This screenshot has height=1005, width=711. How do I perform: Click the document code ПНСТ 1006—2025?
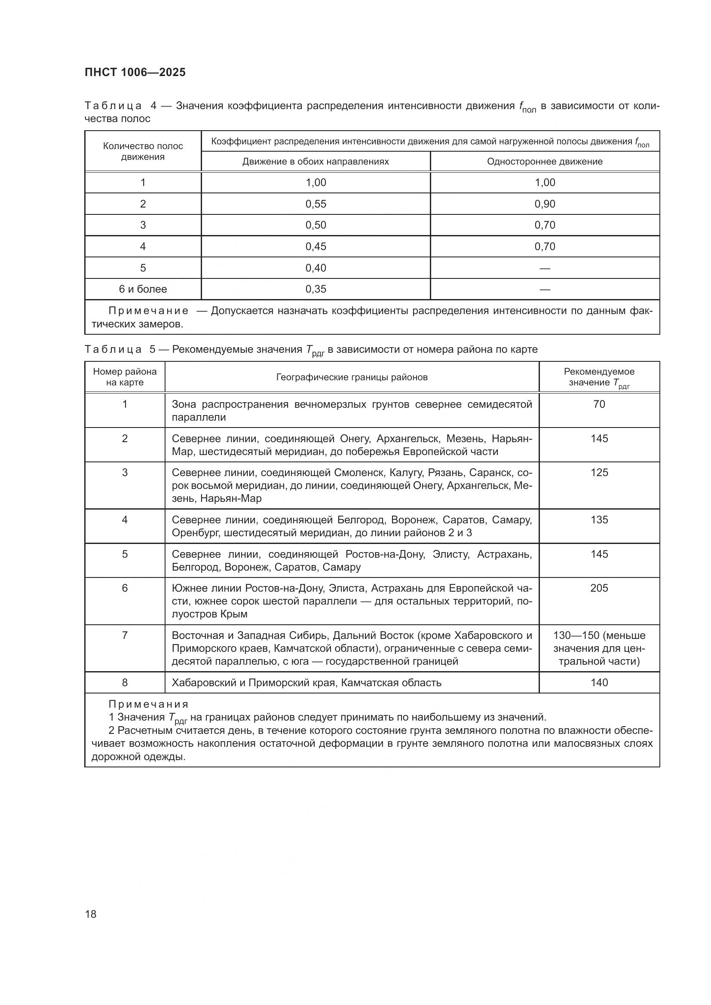[135, 72]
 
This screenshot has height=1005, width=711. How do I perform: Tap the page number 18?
[91, 914]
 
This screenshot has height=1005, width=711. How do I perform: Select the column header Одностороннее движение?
[545, 162]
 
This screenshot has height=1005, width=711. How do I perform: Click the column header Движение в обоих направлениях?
[316, 162]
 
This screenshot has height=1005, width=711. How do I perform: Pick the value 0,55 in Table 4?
[316, 204]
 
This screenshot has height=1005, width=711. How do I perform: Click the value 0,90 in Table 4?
[545, 204]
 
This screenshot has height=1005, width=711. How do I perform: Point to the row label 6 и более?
[143, 289]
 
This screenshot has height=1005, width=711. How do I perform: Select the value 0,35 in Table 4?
[316, 289]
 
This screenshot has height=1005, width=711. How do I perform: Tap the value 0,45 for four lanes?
[316, 247]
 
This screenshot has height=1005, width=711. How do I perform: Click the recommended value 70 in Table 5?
[599, 404]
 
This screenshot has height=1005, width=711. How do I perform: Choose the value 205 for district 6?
[599, 588]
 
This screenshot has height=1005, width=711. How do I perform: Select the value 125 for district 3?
[599, 473]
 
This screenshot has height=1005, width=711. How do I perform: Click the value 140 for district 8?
[599, 683]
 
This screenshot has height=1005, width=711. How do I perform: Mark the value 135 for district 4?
[599, 520]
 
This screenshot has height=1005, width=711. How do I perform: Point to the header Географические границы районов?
[352, 377]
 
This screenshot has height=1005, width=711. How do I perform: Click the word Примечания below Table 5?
[148, 705]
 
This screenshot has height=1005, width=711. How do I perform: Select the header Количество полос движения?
[143, 151]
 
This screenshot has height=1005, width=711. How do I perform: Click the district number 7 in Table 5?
[125, 635]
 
